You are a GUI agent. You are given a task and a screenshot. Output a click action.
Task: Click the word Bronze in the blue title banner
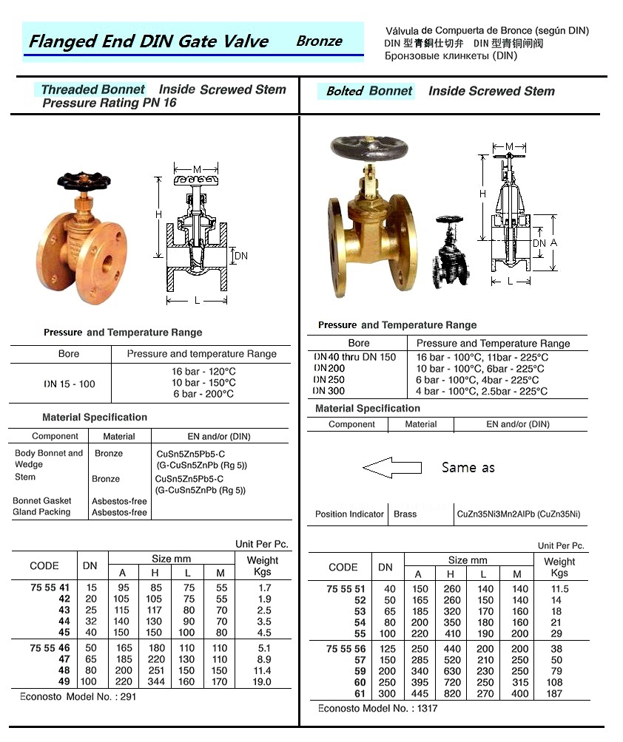[319, 41]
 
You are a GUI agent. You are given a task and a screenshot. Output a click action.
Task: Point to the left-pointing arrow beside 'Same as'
[391, 467]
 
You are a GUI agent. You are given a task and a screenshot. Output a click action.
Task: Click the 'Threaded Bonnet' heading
[92, 89]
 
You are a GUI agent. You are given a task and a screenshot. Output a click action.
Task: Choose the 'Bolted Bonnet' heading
[369, 91]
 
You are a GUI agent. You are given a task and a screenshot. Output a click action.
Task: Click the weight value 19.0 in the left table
[262, 682]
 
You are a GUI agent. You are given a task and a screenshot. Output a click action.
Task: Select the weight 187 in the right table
[554, 693]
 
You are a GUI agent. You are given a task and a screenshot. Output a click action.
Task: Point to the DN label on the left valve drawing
[241, 256]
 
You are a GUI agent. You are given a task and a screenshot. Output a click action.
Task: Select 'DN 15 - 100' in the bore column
[68, 384]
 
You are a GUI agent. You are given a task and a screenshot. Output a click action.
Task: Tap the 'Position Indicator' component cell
[349, 514]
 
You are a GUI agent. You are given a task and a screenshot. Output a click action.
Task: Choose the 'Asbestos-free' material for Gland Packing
[119, 512]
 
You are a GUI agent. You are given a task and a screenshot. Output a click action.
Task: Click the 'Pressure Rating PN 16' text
[109, 103]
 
